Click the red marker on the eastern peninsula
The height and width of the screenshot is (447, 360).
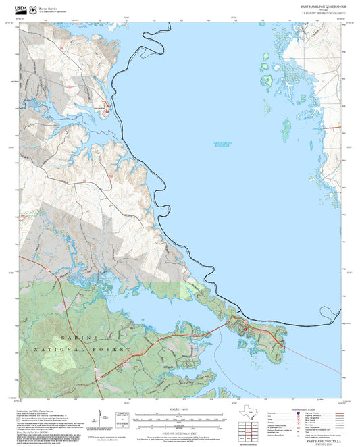(x=245, y=329)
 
